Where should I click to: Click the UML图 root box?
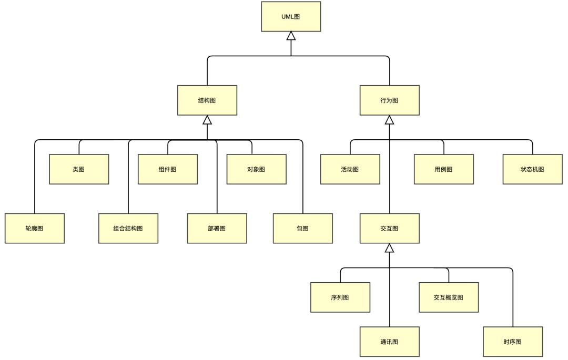[x=291, y=16]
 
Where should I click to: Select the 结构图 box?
[x=207, y=100]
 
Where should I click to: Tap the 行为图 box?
[x=389, y=100]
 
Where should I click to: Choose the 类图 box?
[x=79, y=169]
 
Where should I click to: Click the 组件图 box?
[x=168, y=169]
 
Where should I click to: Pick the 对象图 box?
[x=256, y=169]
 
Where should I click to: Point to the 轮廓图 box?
[x=35, y=228]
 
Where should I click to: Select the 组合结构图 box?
[x=128, y=228]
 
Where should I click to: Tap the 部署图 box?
[x=217, y=228]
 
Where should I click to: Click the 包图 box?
[x=302, y=228]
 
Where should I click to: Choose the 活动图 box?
[x=350, y=169]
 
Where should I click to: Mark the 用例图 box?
[x=443, y=169]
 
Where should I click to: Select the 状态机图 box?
[x=532, y=169]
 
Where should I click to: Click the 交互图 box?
[x=389, y=228]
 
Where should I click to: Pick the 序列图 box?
[x=340, y=297]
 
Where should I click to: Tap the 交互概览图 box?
[x=449, y=297]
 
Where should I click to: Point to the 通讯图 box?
[x=389, y=342]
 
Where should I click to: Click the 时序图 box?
[x=512, y=342]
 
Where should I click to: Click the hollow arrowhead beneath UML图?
[x=291, y=36]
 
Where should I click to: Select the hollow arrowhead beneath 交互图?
[x=389, y=248]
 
